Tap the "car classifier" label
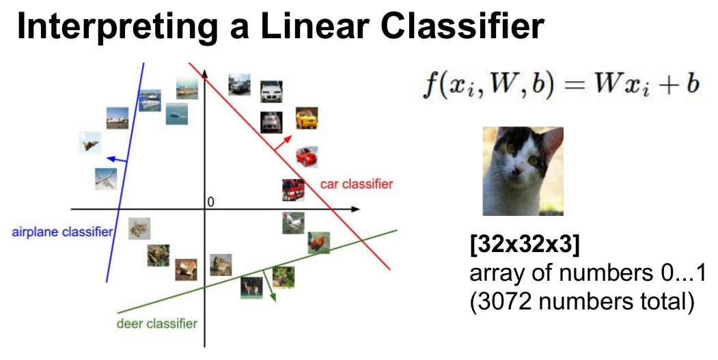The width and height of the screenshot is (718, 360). pyautogui.click(x=356, y=184)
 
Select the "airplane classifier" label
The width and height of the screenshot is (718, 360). pyautogui.click(x=62, y=232)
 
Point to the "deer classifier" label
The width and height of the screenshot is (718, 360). pyautogui.click(x=157, y=324)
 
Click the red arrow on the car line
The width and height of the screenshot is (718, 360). pyautogui.click(x=283, y=143)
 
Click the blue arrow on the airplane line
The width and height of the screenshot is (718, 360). pyautogui.click(x=116, y=159)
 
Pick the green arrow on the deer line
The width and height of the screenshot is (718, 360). pyautogui.click(x=270, y=286)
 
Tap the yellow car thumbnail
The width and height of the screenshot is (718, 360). pyautogui.click(x=307, y=118)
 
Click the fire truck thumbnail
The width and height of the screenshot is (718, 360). pyautogui.click(x=293, y=190)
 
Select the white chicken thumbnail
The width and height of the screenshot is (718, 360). pyautogui.click(x=294, y=223)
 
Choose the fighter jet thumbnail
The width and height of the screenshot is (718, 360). pyautogui.click(x=89, y=143)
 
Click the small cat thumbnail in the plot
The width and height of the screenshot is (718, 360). pyautogui.click(x=139, y=228)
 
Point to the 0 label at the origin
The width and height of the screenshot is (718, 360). pyautogui.click(x=210, y=202)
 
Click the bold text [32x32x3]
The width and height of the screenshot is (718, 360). pyautogui.click(x=524, y=245)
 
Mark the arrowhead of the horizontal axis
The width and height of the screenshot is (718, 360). pyautogui.click(x=356, y=209)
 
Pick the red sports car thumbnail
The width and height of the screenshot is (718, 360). pyautogui.click(x=307, y=157)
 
